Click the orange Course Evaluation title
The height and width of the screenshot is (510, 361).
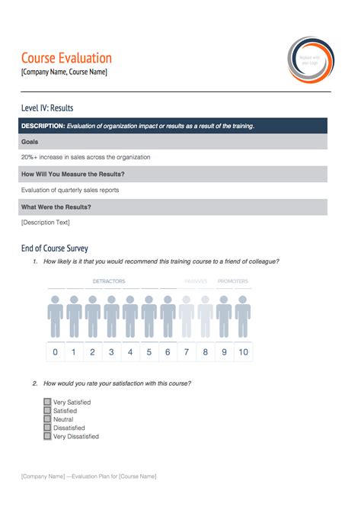(66, 58)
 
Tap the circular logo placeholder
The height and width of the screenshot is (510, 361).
(309, 59)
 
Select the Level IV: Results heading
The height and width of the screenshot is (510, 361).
(47, 108)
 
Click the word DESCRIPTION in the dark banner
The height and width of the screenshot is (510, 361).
(43, 126)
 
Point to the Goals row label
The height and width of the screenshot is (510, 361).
(30, 142)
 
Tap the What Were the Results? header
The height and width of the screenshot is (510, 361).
(56, 207)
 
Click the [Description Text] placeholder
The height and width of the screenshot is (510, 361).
(46, 223)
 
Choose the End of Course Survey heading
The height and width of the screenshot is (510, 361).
(55, 248)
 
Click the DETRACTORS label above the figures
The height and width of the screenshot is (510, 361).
(109, 281)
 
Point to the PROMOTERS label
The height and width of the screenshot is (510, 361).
(232, 281)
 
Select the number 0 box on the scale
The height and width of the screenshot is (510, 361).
(55, 352)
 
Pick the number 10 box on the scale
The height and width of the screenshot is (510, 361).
(243, 352)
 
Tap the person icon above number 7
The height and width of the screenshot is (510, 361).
(187, 316)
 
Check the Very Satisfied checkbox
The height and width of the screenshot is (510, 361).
(47, 402)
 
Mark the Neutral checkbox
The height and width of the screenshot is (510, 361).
(47, 419)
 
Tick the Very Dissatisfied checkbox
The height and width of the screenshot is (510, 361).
(47, 437)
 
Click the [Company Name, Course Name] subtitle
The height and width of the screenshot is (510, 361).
(64, 72)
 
